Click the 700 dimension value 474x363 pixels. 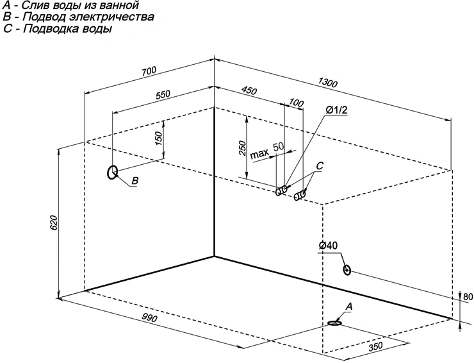coord(149,71)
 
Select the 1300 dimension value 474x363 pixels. coord(327,82)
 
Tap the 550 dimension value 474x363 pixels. coord(163,95)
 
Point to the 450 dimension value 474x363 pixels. coord(249,90)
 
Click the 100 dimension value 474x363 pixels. coord(296,103)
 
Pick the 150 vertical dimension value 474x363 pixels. coord(159,138)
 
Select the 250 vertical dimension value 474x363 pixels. coord(242,148)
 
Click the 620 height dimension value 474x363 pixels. coord(53,223)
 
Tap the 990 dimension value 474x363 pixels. coord(149,309)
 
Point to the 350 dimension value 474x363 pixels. coord(375,346)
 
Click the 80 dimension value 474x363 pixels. coord(468,297)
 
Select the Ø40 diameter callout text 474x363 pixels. coord(329,246)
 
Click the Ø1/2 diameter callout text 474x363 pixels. coord(337,110)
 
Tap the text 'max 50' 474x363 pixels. coord(267,151)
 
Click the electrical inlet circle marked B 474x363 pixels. coord(113,173)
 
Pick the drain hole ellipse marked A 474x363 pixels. coord(334,323)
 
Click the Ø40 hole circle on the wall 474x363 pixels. coord(347,270)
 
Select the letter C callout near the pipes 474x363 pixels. coord(320,166)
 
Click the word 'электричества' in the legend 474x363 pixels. coord(111,17)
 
